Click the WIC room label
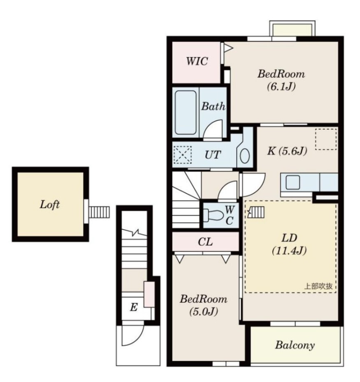click(197, 61)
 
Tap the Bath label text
click(213, 106)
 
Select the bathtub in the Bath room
click(186, 112)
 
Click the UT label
click(213, 155)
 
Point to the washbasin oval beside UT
click(244, 156)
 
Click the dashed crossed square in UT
click(182, 155)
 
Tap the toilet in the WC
click(214, 215)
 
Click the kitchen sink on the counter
click(293, 182)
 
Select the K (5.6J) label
click(287, 151)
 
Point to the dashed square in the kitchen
click(326, 139)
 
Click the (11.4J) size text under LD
click(289, 250)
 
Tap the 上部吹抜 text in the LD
click(318, 286)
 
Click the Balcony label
click(295, 345)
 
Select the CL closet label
click(205, 242)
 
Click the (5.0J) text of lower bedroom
click(203, 312)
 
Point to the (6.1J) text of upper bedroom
click(281, 86)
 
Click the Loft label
click(50, 205)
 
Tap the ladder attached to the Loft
click(99, 212)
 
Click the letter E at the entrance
click(133, 307)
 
